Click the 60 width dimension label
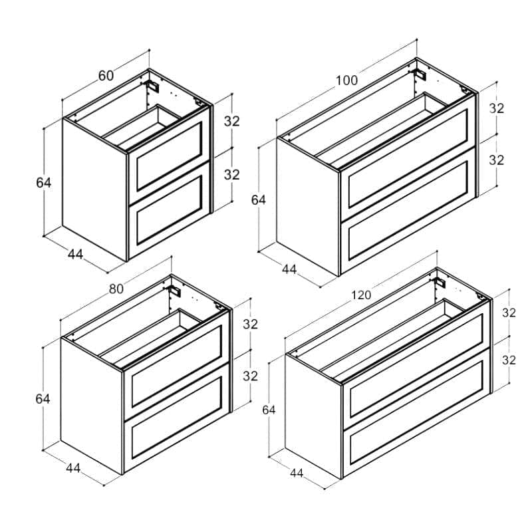click(x=106, y=75)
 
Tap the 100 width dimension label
click(x=346, y=80)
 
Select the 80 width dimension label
click(x=116, y=289)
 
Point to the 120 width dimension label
click(x=361, y=295)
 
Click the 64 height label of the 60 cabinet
click(x=43, y=182)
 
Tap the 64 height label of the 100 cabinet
click(x=259, y=200)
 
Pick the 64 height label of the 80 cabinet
click(x=43, y=399)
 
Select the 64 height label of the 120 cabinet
click(x=269, y=410)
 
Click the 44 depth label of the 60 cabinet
click(x=75, y=254)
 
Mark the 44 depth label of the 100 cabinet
click(x=289, y=269)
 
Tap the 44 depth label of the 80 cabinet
click(x=73, y=468)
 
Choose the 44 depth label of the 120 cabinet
click(x=297, y=473)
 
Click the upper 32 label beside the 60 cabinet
click(x=231, y=121)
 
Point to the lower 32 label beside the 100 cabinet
click(x=496, y=160)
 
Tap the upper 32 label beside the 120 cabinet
click(x=509, y=313)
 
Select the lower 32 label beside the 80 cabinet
click(x=251, y=376)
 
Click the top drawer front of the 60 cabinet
click(x=169, y=156)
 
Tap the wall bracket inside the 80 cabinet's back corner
click(x=175, y=291)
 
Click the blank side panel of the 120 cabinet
click(x=313, y=416)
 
